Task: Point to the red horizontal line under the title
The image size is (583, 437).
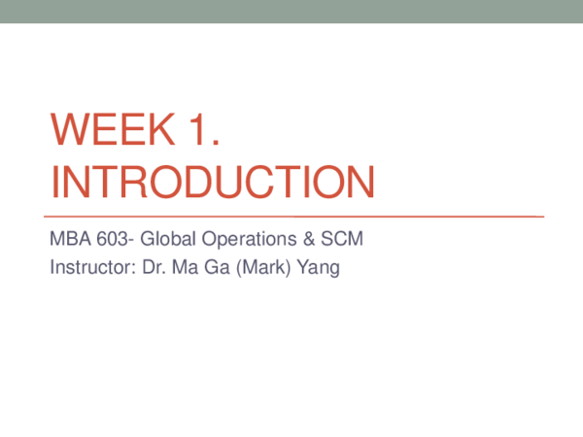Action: [291, 215]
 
